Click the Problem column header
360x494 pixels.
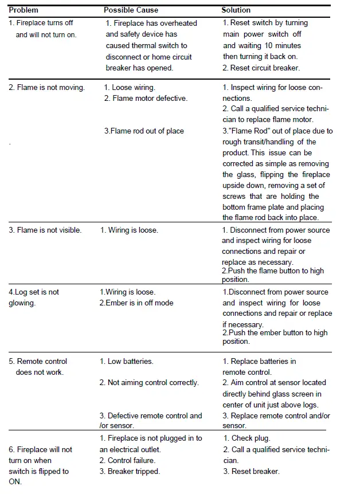click(24, 10)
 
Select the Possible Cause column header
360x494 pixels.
click(131, 10)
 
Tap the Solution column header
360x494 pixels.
click(236, 10)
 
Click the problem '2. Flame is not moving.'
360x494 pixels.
click(46, 88)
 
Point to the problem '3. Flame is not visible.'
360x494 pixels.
click(45, 230)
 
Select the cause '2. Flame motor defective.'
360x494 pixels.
click(146, 99)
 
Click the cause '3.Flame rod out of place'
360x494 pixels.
click(144, 131)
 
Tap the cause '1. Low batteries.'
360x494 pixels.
click(127, 362)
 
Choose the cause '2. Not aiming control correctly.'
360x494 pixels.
click(149, 383)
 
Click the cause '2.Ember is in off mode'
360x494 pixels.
click(136, 303)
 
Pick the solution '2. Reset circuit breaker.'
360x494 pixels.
click(261, 68)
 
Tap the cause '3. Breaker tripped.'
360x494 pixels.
click(130, 472)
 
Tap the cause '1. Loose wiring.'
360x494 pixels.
click(130, 88)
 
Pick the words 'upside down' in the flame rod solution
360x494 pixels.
click(242, 186)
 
